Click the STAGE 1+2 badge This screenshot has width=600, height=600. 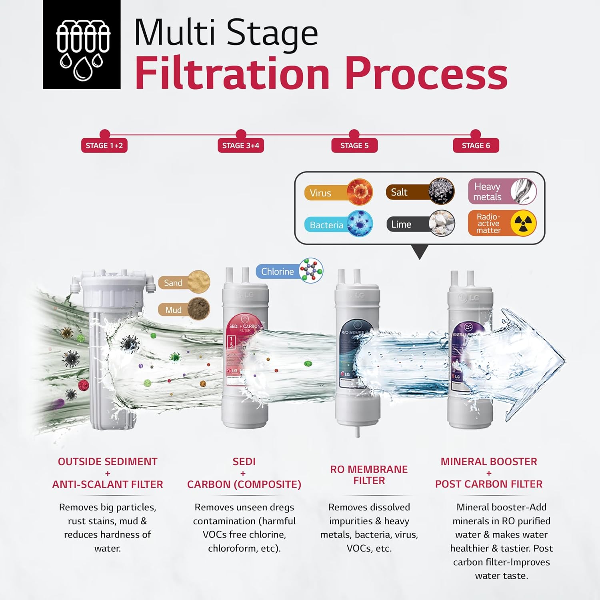click(104, 146)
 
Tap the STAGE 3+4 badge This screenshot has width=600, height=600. click(240, 146)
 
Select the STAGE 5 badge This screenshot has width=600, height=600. click(354, 146)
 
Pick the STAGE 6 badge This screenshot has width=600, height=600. click(476, 146)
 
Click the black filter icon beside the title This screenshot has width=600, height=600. click(82, 44)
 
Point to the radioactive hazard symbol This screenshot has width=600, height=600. click(523, 223)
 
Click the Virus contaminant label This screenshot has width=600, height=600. click(320, 193)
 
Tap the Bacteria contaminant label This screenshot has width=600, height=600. click(326, 225)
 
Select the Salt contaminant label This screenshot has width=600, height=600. click(399, 192)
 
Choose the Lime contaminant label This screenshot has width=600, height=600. click(401, 224)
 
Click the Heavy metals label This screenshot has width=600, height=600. click(487, 192)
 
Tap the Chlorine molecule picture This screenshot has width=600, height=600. click(311, 270)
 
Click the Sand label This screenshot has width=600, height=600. click(173, 283)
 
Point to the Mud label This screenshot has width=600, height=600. click(173, 310)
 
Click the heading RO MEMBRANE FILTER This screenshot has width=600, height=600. click(369, 475)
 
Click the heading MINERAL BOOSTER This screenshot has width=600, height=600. click(488, 462)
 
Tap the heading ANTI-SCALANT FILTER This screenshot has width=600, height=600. click(108, 484)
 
